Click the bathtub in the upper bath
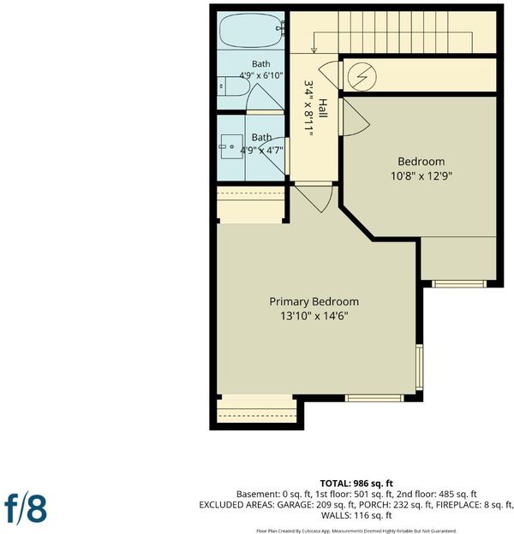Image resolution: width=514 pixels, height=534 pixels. coord(251,30)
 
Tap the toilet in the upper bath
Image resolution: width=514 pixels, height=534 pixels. coord(234,86)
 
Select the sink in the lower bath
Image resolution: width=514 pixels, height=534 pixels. coord(231,146)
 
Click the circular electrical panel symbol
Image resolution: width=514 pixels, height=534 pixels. coord(362,76)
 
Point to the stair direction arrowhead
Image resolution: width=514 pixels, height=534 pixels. coord(314,50)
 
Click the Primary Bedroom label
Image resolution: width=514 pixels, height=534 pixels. coord(314,301)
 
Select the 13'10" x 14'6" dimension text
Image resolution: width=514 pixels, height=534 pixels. coord(314,316)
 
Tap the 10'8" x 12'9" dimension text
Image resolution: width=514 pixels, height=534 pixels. coord(421,176)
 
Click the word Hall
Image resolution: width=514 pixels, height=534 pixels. coord(322,109)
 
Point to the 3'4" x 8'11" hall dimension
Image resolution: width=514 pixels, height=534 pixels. coord(308,109)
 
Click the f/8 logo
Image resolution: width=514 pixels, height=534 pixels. coord(26,508)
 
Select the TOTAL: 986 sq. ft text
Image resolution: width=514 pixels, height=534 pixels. coord(356,484)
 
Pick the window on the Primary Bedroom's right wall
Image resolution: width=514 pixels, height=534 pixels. coord(420,367)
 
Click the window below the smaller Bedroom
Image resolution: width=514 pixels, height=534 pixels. coord(459,284)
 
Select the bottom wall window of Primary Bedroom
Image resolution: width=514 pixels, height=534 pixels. coord(374,398)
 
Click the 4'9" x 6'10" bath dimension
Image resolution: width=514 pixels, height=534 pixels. coord(261,75)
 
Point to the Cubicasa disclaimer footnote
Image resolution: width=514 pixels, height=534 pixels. coord(356,531)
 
